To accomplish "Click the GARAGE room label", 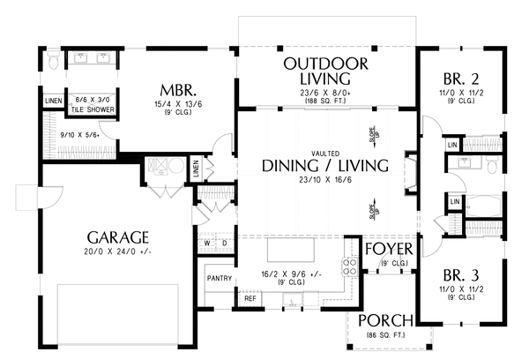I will point(117,238).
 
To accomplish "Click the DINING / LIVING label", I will point(325,165).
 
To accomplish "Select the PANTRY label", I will point(219,279).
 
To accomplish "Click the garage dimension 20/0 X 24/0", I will point(117,254).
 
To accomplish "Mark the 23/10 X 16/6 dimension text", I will point(325,181).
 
